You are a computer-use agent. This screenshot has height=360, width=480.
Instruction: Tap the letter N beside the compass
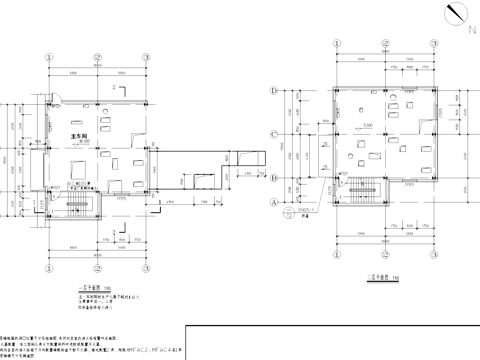470,30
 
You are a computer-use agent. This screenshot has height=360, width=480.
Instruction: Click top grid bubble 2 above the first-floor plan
96,55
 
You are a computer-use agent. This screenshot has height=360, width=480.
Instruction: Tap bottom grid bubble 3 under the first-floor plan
146,270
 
